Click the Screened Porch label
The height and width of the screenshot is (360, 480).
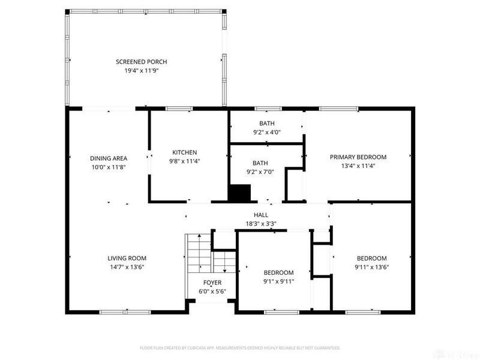[141, 62]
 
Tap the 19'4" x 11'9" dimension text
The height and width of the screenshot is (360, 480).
[141, 70]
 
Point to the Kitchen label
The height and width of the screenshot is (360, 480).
[184, 152]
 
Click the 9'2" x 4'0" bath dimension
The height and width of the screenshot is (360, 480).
[267, 132]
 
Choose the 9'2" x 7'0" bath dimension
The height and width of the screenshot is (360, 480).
[260, 171]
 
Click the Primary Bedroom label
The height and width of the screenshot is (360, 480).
[358, 157]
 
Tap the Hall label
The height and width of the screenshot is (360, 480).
[261, 215]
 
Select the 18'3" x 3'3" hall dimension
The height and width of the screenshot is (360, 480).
[261, 223]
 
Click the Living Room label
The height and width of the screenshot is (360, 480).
[127, 259]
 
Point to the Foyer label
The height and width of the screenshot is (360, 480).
[212, 283]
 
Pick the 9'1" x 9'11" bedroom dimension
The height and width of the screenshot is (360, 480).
[279, 281]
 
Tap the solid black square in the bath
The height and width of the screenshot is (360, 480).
[240, 193]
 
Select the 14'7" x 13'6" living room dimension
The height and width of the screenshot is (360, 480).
[127, 267]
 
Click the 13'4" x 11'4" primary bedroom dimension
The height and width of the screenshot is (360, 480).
[358, 166]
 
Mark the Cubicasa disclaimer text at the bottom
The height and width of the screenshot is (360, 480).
[240, 348]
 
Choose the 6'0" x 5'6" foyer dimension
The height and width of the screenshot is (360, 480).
[212, 292]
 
